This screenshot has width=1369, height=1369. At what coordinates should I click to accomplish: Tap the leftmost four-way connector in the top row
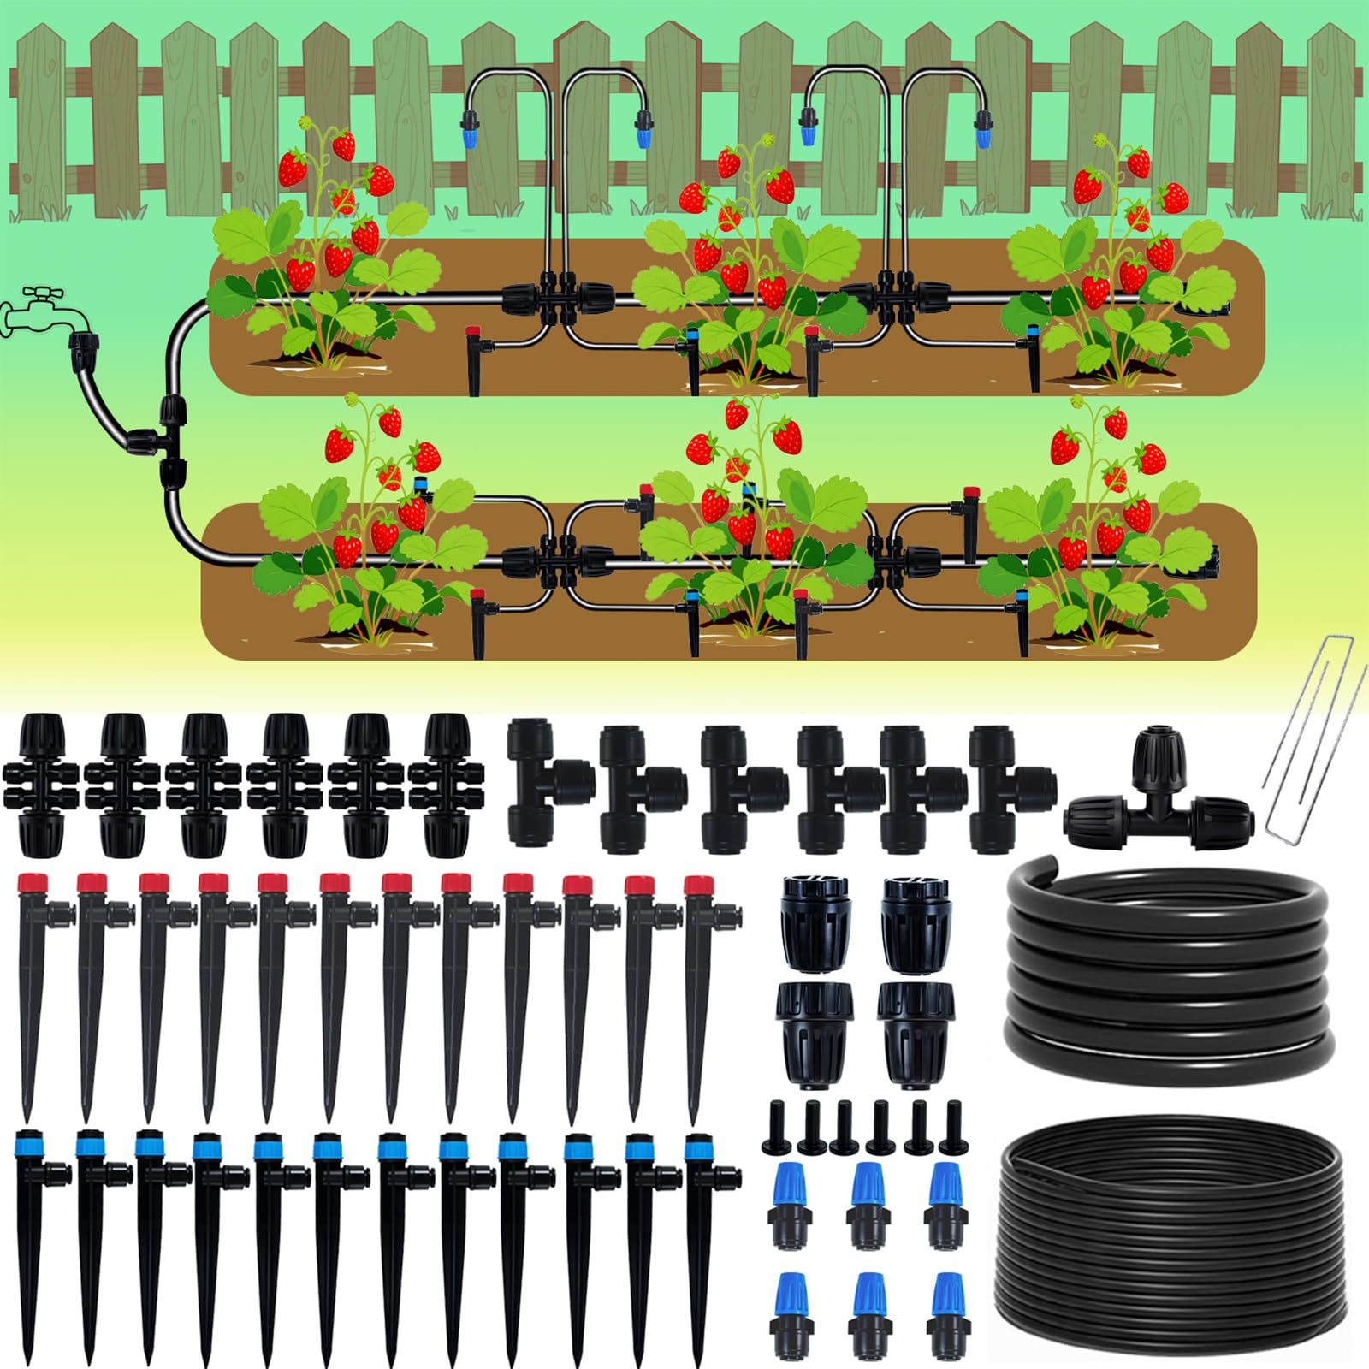(41, 785)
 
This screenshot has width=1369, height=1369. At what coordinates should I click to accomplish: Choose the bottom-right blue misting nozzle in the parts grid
(946, 1313)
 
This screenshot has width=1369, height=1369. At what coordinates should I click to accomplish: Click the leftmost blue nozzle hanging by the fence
(468, 128)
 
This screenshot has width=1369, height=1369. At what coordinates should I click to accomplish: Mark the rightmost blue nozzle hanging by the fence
(982, 128)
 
